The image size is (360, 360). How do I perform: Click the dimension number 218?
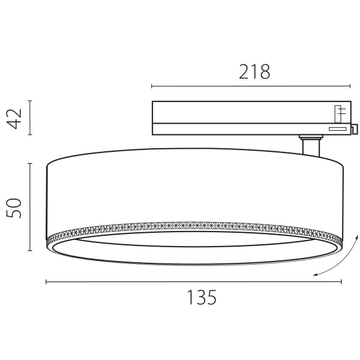(255, 73)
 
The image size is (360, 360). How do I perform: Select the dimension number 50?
(14, 208)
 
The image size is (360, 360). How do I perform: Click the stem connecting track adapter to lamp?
(310, 146)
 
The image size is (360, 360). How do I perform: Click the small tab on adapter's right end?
(355, 128)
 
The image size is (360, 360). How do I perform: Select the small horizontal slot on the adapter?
(337, 128)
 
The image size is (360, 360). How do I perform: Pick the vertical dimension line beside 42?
(31, 119)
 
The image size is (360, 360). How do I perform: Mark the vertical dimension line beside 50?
(31, 206)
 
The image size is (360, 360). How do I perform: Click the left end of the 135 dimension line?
(47, 281)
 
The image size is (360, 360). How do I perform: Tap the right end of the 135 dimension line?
(340, 281)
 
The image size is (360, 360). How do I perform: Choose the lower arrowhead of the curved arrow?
(315, 275)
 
